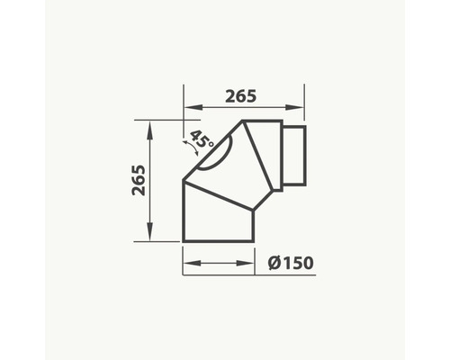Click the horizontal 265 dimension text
[241, 96]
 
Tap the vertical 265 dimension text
[139, 180]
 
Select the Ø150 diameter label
[291, 263]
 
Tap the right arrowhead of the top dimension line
[295, 107]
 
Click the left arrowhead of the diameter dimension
[193, 263]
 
